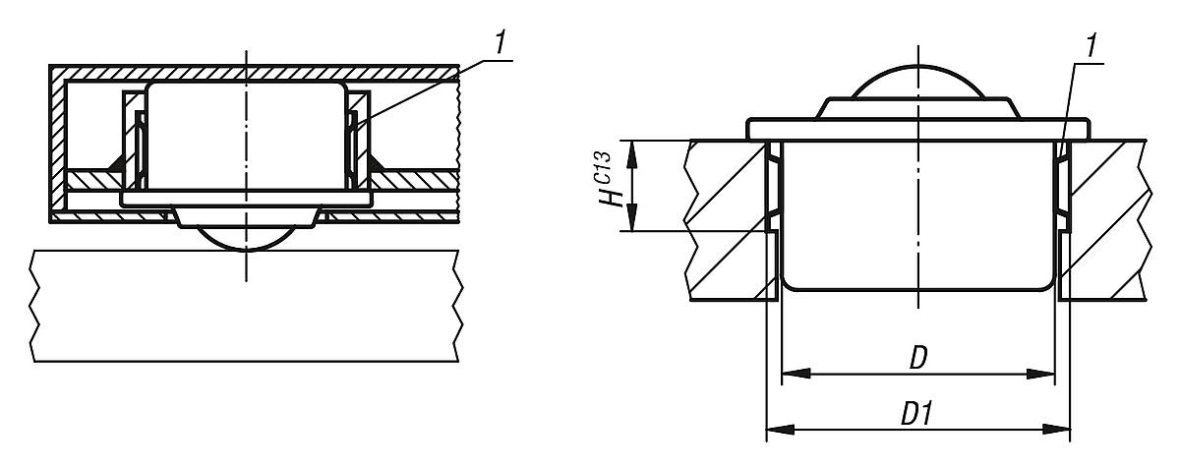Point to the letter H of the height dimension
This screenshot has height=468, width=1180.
[x=615, y=196]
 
